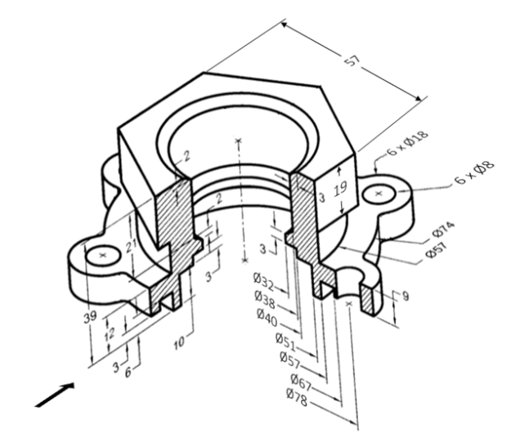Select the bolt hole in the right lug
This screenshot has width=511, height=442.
tap(380, 193)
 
